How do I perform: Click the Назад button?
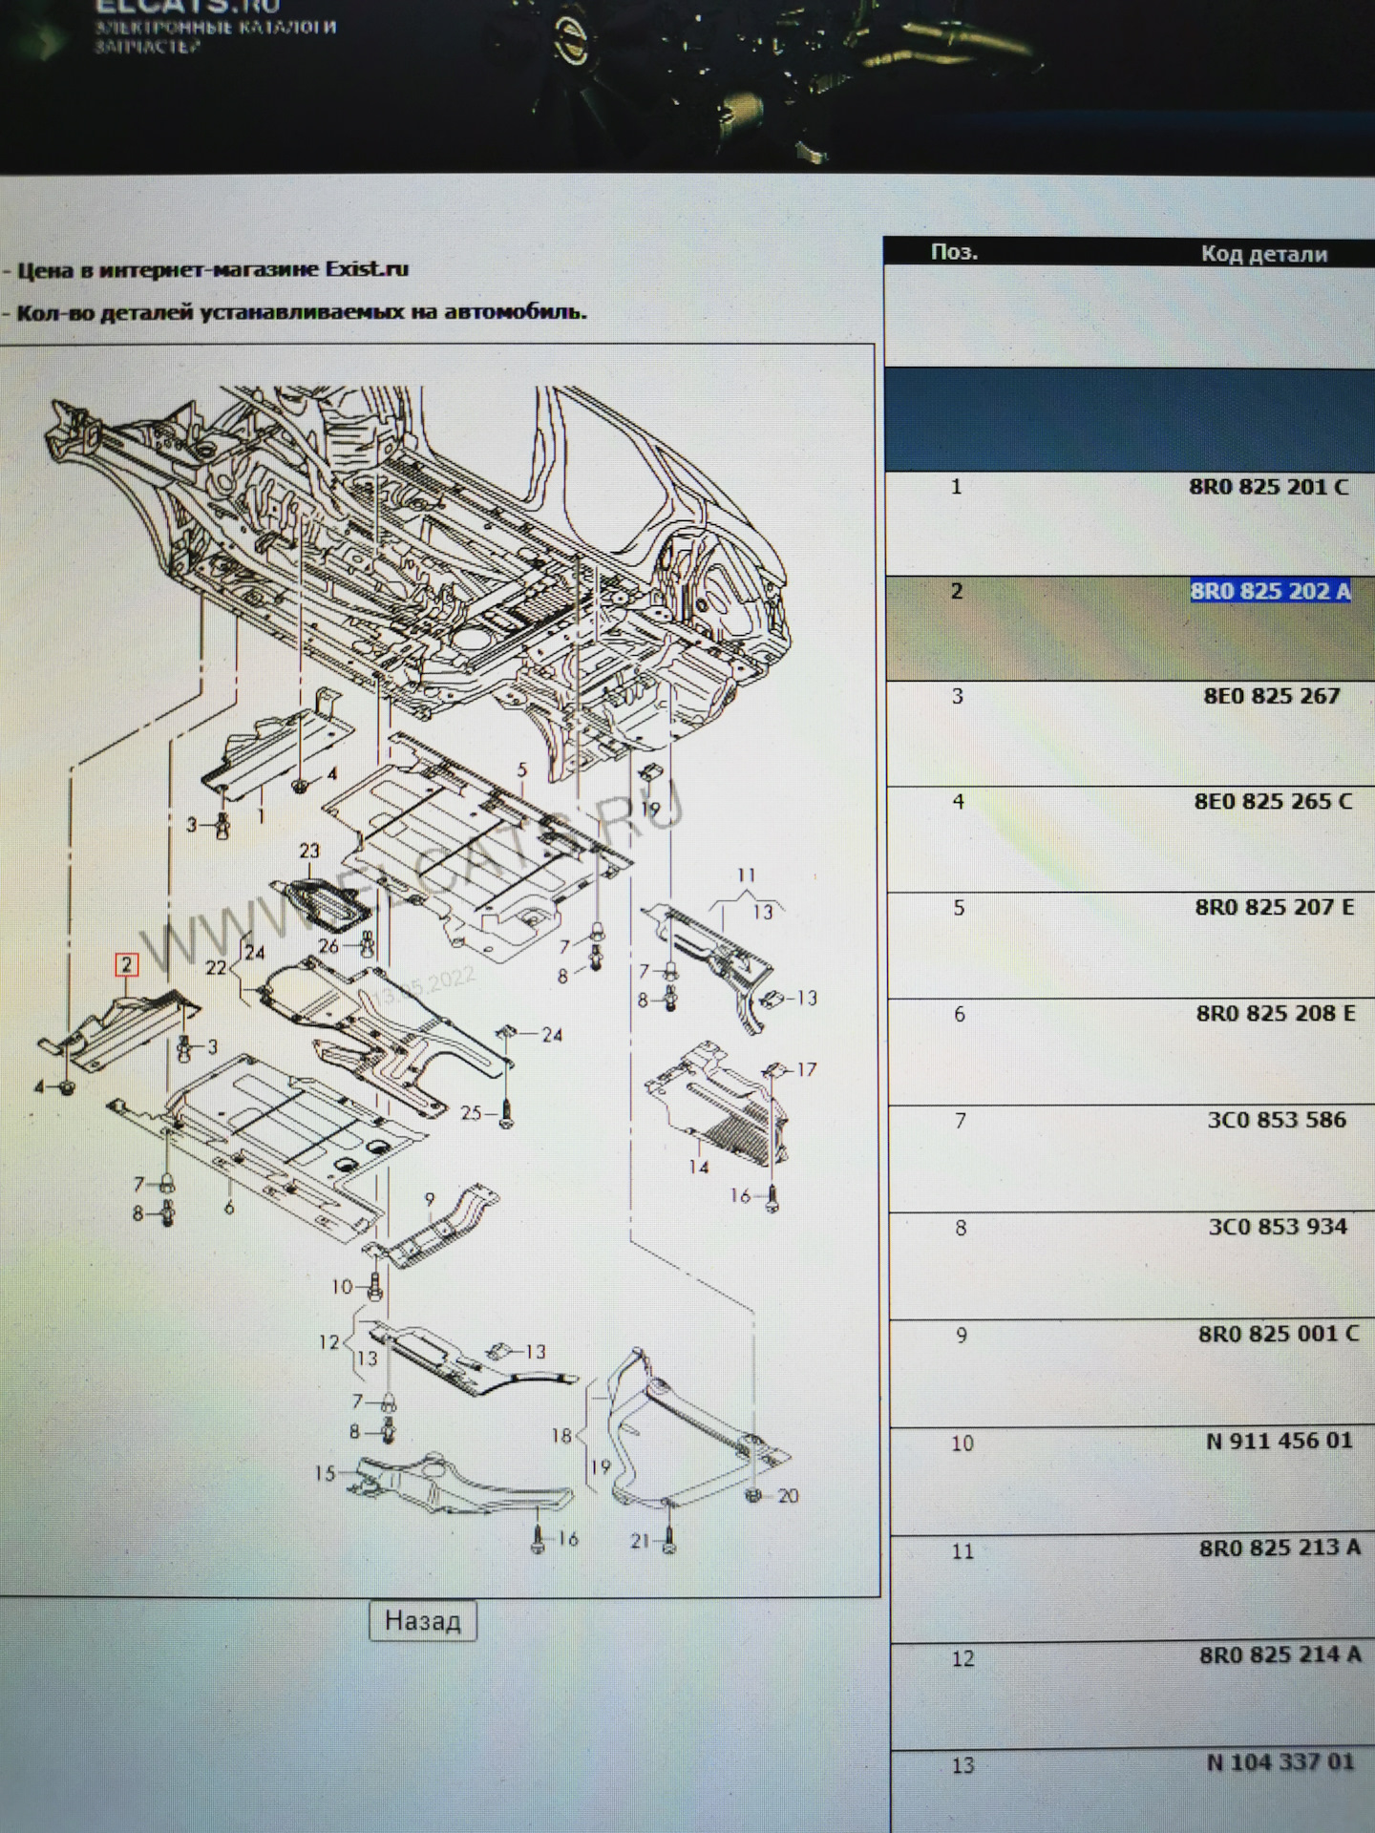(x=422, y=1621)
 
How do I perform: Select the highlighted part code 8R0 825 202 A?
(x=1269, y=591)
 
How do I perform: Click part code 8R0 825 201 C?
(x=1268, y=487)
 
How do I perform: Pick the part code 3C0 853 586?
(x=1276, y=1119)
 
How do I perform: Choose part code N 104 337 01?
(x=1280, y=1761)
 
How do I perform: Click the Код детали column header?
(x=1263, y=254)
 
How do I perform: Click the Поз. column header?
(x=953, y=252)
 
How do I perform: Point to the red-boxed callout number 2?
(x=126, y=965)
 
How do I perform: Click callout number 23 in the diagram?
(x=309, y=851)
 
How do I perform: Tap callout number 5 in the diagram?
(x=522, y=769)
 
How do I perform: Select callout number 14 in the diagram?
(x=699, y=1166)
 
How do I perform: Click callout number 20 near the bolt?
(x=788, y=1495)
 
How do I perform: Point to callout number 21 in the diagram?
(x=640, y=1540)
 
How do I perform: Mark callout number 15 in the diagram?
(x=325, y=1473)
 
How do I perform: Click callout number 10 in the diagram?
(x=342, y=1287)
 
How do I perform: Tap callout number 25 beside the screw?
(x=471, y=1112)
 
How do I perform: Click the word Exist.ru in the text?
(x=367, y=269)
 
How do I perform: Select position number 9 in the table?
(x=962, y=1335)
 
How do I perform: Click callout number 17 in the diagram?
(x=807, y=1069)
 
